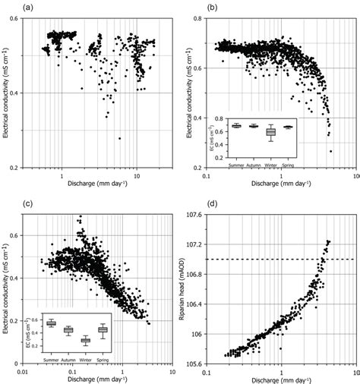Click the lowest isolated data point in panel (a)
(x=119, y=138)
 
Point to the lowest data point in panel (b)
(x=331, y=151)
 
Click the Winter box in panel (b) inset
(x=270, y=132)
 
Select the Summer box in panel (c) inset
(x=51, y=323)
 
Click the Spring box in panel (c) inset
(x=103, y=330)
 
